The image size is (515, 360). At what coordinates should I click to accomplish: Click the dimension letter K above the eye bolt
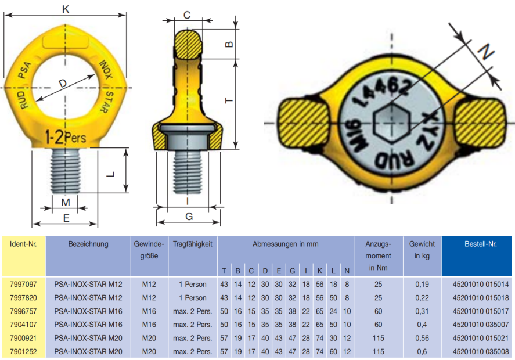click(x=66, y=9)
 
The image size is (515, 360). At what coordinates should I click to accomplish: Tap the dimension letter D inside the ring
click(x=63, y=83)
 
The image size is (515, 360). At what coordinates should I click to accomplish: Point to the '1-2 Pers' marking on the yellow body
click(x=66, y=136)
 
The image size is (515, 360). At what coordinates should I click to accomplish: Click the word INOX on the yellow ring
click(x=106, y=70)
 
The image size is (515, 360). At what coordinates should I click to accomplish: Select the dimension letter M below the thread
click(x=66, y=202)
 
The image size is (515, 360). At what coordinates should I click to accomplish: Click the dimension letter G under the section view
click(x=189, y=217)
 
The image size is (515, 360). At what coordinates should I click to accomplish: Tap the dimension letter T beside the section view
click(x=229, y=100)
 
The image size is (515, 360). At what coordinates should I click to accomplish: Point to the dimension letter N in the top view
click(x=486, y=52)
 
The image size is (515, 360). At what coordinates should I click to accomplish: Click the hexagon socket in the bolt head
click(x=391, y=123)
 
